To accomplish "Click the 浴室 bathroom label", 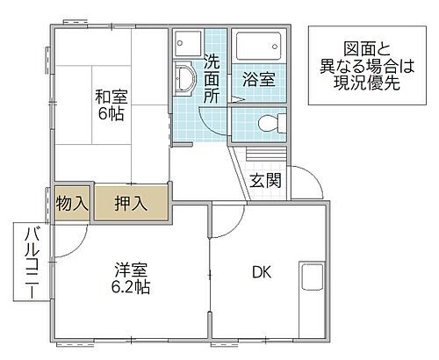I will point(257,79).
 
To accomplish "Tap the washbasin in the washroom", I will point(182,78).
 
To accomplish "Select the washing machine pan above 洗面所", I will point(186,43).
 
